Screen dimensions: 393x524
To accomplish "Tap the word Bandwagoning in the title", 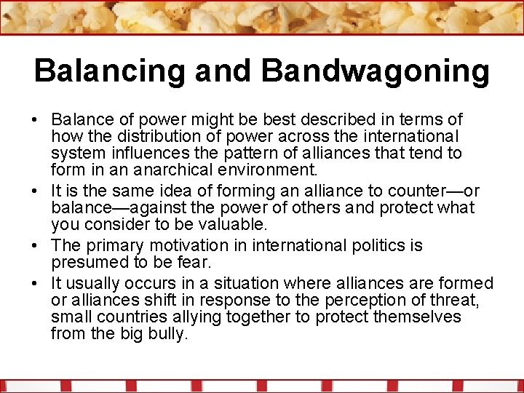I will [x=376, y=71].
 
